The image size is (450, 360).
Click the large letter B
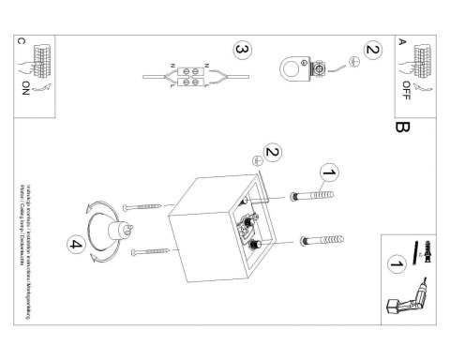(403, 125)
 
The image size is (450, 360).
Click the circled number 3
(243, 49)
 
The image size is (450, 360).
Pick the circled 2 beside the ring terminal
(372, 51)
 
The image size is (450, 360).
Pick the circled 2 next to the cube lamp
(273, 152)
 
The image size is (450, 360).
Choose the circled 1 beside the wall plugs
(328, 173)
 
